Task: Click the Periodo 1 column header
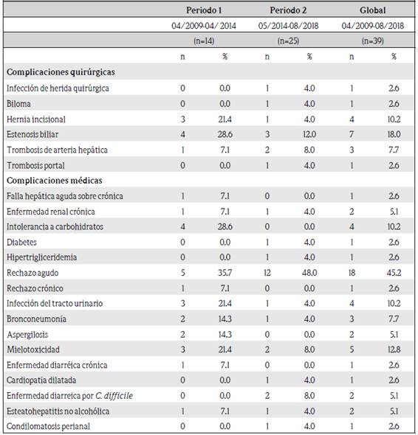click(x=204, y=10)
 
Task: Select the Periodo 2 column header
click(x=288, y=10)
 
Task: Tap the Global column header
click(x=373, y=10)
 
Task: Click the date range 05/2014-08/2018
click(x=288, y=26)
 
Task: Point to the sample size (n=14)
click(x=204, y=41)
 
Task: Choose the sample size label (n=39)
click(x=373, y=41)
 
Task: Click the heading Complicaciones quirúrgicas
click(x=61, y=72)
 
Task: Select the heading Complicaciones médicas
click(x=55, y=181)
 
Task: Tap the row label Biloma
click(x=18, y=104)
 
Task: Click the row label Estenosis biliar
click(x=32, y=134)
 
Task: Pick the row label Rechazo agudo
click(x=32, y=273)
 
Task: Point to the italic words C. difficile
click(x=114, y=396)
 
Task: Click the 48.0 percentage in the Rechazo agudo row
click(x=309, y=273)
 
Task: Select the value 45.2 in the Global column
click(x=394, y=273)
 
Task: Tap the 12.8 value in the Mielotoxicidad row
click(x=394, y=349)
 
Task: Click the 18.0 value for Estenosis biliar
click(x=394, y=134)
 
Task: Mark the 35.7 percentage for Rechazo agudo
click(x=225, y=273)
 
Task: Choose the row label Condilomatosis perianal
click(x=48, y=426)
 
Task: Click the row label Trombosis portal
click(x=35, y=166)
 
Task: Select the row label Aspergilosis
click(x=27, y=335)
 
